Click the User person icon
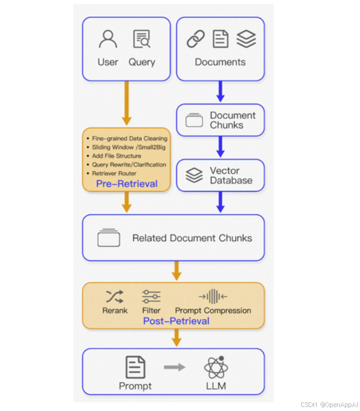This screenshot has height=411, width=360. tap(108, 39)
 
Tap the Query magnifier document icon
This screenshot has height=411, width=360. tap(142, 39)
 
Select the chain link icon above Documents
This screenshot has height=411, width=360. tap(196, 39)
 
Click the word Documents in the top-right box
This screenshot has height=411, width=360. tap(220, 62)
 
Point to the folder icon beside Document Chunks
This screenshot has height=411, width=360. tap(194, 120)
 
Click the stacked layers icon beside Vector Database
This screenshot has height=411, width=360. tap(194, 175)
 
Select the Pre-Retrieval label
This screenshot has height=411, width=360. tap(127, 184)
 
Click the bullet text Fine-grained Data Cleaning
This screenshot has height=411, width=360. tap(129, 139)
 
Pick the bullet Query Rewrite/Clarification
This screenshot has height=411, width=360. tap(129, 164)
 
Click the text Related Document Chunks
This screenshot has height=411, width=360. tap(192, 238)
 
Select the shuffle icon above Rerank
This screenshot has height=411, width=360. tap(114, 297)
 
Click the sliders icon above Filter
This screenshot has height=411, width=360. tap(151, 297)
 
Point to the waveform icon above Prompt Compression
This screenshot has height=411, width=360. tap(212, 297)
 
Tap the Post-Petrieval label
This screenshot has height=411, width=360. tap(176, 321)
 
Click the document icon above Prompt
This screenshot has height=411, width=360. tap(135, 367)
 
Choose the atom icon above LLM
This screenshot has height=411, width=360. tap(216, 367)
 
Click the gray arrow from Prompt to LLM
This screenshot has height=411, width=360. tap(175, 367)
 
